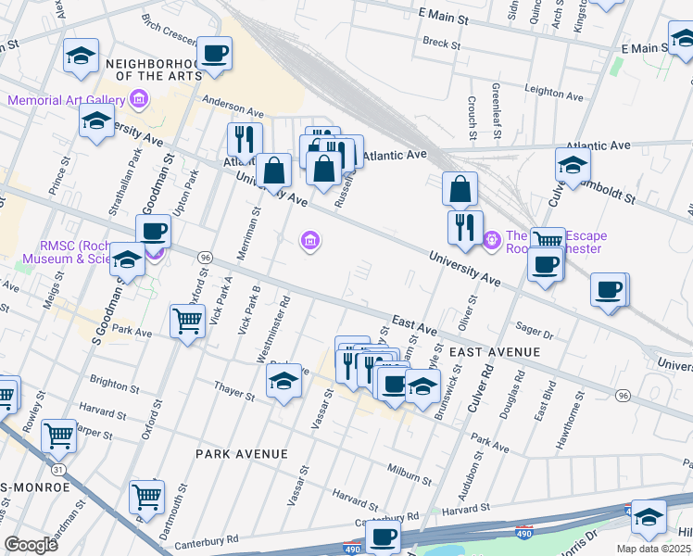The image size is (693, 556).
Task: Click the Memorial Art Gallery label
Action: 66,100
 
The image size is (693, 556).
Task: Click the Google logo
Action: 31,545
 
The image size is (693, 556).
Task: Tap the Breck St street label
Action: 441,42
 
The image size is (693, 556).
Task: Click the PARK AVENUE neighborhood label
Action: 241,454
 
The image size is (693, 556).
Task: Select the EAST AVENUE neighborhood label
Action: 494,352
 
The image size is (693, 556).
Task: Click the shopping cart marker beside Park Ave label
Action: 188,321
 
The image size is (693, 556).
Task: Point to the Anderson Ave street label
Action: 233,107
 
